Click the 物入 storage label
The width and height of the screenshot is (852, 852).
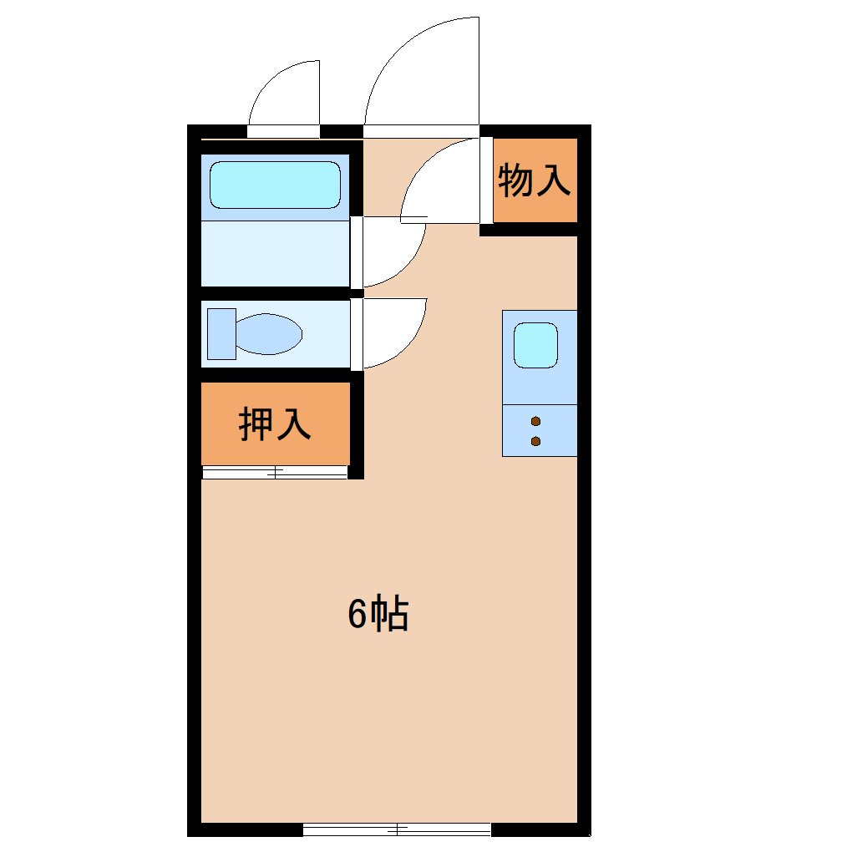tap(534, 180)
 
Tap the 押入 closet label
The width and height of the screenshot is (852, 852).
tap(275, 423)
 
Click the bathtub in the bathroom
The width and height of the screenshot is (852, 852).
tap(275, 185)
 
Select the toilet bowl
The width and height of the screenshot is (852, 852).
tap(269, 333)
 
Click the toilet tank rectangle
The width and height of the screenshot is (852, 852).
tap(221, 333)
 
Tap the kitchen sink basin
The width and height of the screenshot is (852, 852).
tap(535, 345)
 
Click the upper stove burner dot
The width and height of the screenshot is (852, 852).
tap(535, 421)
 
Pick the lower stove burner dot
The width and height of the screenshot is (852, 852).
tap(535, 441)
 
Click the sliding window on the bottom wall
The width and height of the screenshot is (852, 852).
tap(397, 829)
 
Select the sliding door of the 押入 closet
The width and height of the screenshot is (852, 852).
tap(275, 472)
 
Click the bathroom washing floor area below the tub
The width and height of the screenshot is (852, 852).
tap(275, 253)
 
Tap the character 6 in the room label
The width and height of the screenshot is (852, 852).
tap(357, 614)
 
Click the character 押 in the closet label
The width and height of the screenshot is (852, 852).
tap(256, 423)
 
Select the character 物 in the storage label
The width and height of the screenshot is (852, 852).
tap(515, 180)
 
